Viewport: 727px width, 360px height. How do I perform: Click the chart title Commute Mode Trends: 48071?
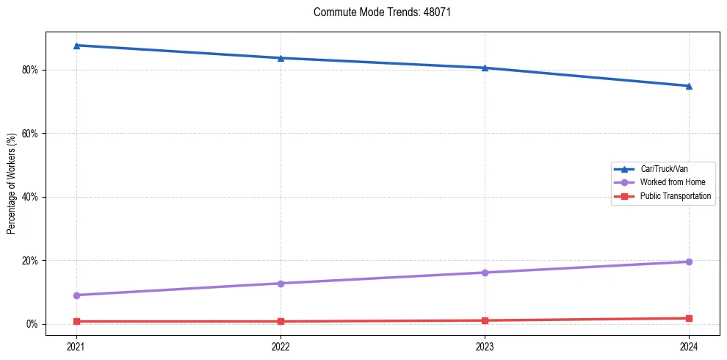coord(377,12)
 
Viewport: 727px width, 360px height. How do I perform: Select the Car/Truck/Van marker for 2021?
coord(76,46)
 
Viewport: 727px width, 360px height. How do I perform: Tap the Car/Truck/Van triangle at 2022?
coord(281,58)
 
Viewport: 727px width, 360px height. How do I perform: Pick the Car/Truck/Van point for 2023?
coord(485,68)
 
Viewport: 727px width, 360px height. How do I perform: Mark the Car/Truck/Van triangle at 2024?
coord(689,86)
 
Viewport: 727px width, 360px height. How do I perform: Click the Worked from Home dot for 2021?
coord(76,295)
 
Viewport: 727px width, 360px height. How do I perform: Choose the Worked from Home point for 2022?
coord(281,284)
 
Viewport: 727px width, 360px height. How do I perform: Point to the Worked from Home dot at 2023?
coord(485,273)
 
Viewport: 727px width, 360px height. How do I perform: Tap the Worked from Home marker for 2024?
coord(689,262)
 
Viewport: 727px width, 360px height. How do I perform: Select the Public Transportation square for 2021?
coord(76,321)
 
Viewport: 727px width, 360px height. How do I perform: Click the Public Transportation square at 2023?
coord(485,320)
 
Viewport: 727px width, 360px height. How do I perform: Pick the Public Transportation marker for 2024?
coord(689,318)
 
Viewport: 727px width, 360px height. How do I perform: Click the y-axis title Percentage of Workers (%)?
coord(12,184)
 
